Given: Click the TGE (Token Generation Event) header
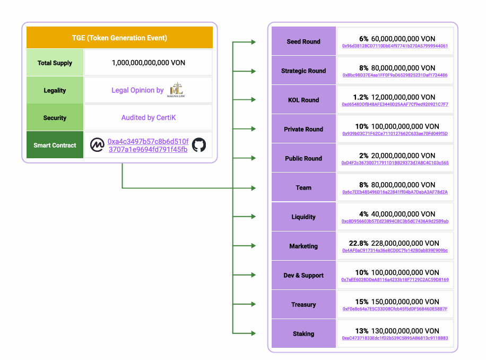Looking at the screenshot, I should pyautogui.click(x=119, y=38).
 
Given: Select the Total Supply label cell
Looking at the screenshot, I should pyautogui.click(x=55, y=63).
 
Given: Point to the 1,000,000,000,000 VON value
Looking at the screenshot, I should pyautogui.click(x=148, y=63).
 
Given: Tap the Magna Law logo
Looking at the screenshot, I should pyautogui.click(x=176, y=90).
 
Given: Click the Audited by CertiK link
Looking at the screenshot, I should pyautogui.click(x=148, y=117).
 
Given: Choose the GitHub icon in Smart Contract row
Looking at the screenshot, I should pyautogui.click(x=199, y=145).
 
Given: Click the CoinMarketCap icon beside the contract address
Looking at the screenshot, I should pyautogui.click(x=97, y=145).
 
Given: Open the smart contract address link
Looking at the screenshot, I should pyautogui.click(x=147, y=145).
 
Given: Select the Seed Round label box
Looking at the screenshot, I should pyautogui.click(x=303, y=41).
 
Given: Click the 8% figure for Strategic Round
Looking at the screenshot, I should pyautogui.click(x=363, y=68).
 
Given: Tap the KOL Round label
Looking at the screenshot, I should pyautogui.click(x=303, y=100).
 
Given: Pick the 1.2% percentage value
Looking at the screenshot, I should pyautogui.click(x=361, y=97).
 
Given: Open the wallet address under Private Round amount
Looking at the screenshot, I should pyautogui.click(x=395, y=134).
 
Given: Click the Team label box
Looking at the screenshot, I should pyautogui.click(x=303, y=187).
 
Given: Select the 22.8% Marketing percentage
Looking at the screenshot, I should pyautogui.click(x=358, y=243).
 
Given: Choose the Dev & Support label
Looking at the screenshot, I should pyautogui.click(x=303, y=275).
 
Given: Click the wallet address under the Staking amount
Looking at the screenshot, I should pyautogui.click(x=395, y=338).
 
